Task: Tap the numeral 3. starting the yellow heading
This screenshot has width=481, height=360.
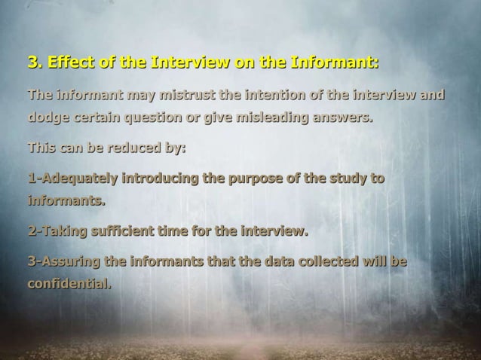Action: [35, 61]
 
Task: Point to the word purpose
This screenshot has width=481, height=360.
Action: [265, 179]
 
